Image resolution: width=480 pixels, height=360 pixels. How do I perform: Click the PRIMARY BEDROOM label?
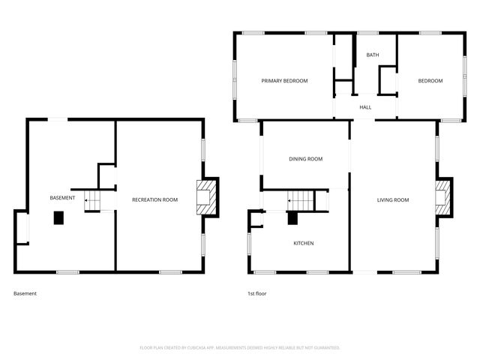(284, 81)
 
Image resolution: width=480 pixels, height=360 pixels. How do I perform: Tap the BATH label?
(372, 55)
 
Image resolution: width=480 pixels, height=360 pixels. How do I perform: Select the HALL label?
(365, 107)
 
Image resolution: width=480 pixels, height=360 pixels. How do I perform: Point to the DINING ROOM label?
(306, 159)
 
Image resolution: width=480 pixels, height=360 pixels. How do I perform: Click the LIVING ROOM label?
(392, 199)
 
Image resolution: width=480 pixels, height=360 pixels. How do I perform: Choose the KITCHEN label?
(304, 243)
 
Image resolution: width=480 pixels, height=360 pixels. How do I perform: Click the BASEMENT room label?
(62, 198)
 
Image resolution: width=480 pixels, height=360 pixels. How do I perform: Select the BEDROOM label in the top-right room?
(430, 81)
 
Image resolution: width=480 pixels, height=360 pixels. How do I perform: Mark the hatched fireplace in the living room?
(444, 198)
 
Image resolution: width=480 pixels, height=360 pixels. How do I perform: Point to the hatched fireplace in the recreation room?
(207, 197)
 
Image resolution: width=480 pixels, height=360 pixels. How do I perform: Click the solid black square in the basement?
(58, 217)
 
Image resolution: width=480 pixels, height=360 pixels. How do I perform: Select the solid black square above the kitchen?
(293, 218)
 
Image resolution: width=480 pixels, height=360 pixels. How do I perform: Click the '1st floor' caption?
(256, 294)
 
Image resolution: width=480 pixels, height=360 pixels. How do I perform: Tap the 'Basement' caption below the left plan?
(25, 294)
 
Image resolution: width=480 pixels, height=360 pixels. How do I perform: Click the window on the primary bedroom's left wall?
(235, 81)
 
